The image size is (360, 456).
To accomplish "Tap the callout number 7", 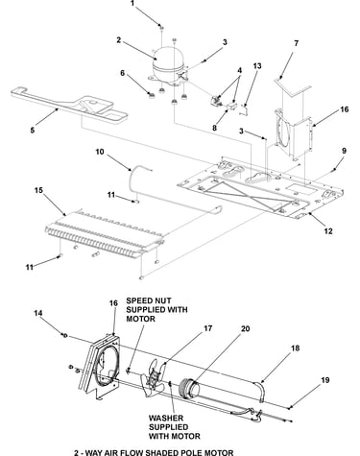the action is pos(296,43).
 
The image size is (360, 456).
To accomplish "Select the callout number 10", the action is pos(100,152).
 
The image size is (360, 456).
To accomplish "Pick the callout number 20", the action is pos(245,328).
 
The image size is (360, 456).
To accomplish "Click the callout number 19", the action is pos(324,380).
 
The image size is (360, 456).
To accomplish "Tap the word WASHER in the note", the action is pos(165,418).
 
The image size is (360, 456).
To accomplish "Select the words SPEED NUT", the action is pos(149,300).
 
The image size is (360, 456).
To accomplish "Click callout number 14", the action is pos(38,313).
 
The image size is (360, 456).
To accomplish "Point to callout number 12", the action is pos(328,231).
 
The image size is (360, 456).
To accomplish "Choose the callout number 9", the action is pos(344,151).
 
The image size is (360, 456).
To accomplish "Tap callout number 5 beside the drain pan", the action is pos(32,131).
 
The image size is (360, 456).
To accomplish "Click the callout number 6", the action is pos(123,73).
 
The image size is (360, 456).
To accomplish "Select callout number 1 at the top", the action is pos(132,4).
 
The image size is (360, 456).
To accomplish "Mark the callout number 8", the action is pos(214,128).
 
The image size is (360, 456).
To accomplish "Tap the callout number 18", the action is pos(295,348).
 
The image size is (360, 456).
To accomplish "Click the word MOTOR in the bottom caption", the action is pos(218,452).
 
